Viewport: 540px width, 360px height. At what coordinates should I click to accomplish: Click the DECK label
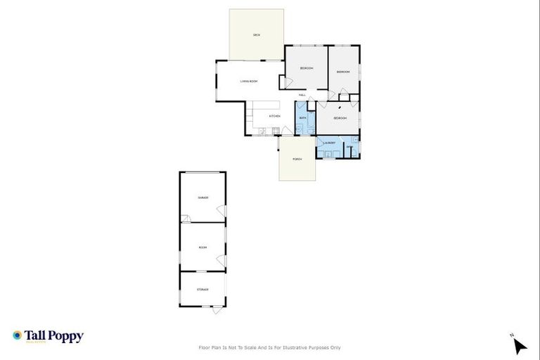click(x=257, y=34)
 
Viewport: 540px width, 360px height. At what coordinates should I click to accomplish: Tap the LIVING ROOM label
click(x=249, y=82)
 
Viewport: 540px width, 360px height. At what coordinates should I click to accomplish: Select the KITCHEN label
click(x=275, y=116)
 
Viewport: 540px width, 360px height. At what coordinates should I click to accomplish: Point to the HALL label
click(x=302, y=95)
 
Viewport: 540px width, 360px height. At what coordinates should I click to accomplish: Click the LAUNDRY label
click(x=329, y=143)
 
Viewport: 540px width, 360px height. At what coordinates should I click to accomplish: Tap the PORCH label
click(x=297, y=159)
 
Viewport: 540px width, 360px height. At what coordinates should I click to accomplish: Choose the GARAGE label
click(x=202, y=198)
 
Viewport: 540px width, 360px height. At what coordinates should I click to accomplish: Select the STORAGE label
click(x=202, y=289)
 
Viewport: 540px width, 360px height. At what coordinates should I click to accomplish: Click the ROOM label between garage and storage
click(x=202, y=247)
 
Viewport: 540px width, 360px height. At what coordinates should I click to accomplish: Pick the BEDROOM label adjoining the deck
click(x=307, y=68)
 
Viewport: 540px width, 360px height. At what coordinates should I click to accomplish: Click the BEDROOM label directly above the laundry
click(x=340, y=118)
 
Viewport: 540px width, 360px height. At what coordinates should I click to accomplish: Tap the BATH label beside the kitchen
click(x=303, y=117)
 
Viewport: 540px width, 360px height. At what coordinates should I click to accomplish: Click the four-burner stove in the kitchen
click(x=276, y=130)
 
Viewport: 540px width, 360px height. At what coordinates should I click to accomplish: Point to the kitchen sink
click(x=262, y=130)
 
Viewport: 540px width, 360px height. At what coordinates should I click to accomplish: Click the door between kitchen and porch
click(x=288, y=131)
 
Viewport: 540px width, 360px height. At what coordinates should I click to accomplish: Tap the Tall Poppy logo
click(x=48, y=336)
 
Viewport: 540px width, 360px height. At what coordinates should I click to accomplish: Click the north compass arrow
click(x=519, y=345)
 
